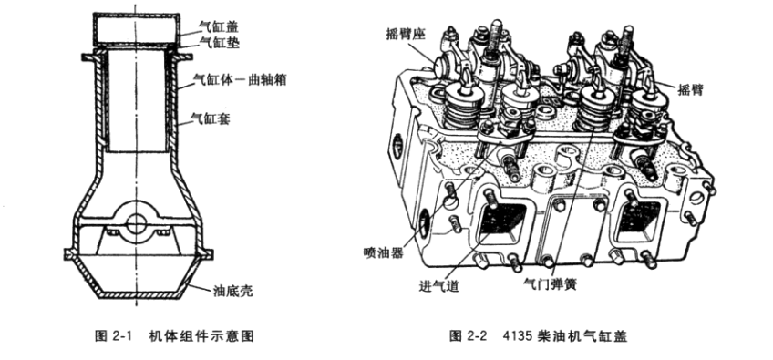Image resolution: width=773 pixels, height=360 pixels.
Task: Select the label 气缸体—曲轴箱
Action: point(240,79)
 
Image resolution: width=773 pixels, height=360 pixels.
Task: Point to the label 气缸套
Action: point(211,118)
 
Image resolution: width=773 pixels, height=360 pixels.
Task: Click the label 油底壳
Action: point(232,291)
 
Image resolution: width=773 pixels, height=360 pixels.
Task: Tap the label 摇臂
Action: point(691,89)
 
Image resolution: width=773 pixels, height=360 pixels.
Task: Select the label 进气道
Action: point(439,286)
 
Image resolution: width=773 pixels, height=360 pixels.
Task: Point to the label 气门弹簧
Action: point(551,284)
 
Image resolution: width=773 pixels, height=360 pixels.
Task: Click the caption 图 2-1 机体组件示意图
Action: point(174,336)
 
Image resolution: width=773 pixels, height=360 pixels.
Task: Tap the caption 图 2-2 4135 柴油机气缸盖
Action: point(539,336)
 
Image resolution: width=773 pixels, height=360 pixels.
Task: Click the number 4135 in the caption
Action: point(517,336)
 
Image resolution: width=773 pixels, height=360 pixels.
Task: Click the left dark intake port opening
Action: point(503,220)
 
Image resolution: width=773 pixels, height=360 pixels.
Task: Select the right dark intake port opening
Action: point(639,218)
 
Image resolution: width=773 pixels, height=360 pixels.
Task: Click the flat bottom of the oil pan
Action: point(137,294)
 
